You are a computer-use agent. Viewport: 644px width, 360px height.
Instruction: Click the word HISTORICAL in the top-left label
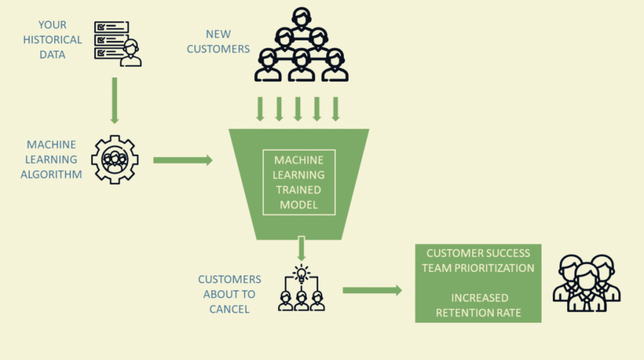pos(53,40)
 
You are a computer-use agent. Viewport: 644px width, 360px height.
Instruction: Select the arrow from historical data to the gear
pos(114,100)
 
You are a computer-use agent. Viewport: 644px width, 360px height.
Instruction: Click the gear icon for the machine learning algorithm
pos(114,160)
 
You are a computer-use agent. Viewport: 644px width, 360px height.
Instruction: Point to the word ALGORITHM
pos(51,174)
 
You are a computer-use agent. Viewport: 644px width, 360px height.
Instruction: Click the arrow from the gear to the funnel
pos(182,160)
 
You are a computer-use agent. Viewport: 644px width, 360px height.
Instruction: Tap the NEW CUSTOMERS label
pos(218,41)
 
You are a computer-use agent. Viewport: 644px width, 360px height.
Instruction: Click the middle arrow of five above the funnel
pos(298,108)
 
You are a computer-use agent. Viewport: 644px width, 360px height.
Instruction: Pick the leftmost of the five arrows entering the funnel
pos(260,108)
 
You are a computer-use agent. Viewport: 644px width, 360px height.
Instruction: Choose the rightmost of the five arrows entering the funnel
pos(336,108)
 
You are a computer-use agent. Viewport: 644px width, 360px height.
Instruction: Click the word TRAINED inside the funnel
pos(299,189)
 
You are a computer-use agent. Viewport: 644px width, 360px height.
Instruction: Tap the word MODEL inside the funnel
pos(299,204)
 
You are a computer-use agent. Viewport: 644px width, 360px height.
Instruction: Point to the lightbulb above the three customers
pos(301,274)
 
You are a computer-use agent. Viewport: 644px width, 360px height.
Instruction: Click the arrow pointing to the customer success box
pos(372,290)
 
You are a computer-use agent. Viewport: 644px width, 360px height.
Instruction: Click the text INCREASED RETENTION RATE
pos(478,305)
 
